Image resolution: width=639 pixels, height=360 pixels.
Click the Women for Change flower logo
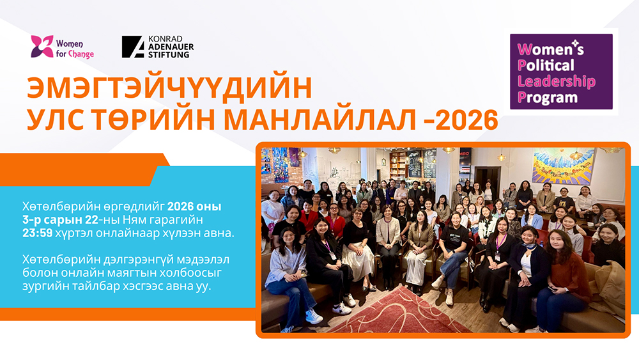click(42, 46)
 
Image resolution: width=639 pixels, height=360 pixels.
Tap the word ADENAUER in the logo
click(171, 47)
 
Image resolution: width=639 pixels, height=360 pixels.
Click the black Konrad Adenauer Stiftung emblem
click(133, 47)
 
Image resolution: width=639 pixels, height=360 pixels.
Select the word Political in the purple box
click(546, 65)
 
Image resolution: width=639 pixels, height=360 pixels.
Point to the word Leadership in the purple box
click(557, 82)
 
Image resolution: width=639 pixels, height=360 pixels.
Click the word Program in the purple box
click(548, 97)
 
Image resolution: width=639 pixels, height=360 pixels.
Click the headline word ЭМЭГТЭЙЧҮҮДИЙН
click(169, 87)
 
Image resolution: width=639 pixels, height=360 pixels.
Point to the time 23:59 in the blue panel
click(38, 233)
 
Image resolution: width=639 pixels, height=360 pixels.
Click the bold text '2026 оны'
click(194, 207)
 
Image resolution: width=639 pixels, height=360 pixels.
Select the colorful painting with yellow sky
click(563, 167)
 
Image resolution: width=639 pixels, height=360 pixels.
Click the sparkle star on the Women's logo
click(574, 43)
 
